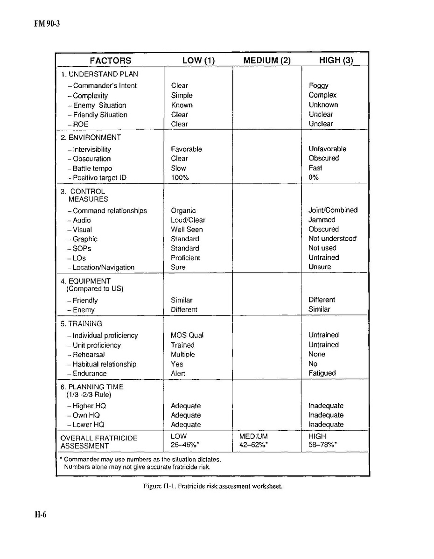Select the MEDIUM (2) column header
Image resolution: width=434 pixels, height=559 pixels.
(x=267, y=61)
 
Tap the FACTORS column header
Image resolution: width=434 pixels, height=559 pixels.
(x=110, y=61)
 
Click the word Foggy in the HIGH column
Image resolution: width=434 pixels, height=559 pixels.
(x=318, y=86)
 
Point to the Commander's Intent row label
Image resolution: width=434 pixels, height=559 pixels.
(x=105, y=86)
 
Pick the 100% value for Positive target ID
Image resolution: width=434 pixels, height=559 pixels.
(x=179, y=178)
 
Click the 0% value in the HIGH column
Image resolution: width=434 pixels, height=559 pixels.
(x=314, y=177)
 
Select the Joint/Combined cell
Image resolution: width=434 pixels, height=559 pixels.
(x=333, y=210)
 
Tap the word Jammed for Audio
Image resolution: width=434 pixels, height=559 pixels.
(x=322, y=220)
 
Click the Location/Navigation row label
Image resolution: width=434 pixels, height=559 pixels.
(x=103, y=267)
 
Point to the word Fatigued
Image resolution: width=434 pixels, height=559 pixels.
(x=322, y=373)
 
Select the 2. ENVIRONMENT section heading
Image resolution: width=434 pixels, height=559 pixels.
(x=91, y=138)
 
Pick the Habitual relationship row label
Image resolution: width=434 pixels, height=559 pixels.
(x=104, y=364)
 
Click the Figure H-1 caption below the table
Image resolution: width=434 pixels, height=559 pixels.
(x=213, y=486)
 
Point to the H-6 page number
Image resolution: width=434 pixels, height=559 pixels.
(x=41, y=515)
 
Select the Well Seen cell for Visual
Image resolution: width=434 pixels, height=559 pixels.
(x=187, y=230)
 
